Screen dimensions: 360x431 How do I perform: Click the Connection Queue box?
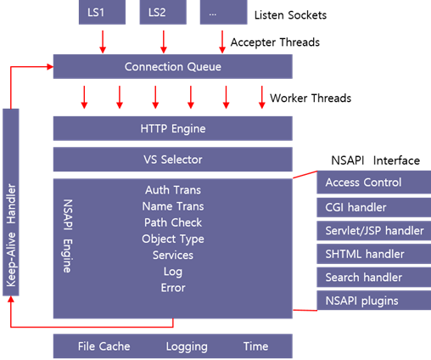point(172,67)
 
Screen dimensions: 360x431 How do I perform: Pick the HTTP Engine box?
point(172,129)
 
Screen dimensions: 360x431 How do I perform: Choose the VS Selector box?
point(172,159)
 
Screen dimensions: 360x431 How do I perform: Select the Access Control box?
point(370,183)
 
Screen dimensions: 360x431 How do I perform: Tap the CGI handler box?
point(370,206)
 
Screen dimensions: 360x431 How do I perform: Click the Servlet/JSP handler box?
point(370,230)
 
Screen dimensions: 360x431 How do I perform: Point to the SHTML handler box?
point(370,254)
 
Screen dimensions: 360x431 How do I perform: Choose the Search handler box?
point(370,278)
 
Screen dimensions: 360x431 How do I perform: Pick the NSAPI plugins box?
point(370,301)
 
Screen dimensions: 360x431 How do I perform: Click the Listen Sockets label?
point(291,15)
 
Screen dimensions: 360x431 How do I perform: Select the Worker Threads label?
point(310,98)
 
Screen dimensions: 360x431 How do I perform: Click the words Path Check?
point(172,222)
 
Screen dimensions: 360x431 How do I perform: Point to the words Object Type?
point(172,239)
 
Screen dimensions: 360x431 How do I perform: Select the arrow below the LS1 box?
point(104,40)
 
